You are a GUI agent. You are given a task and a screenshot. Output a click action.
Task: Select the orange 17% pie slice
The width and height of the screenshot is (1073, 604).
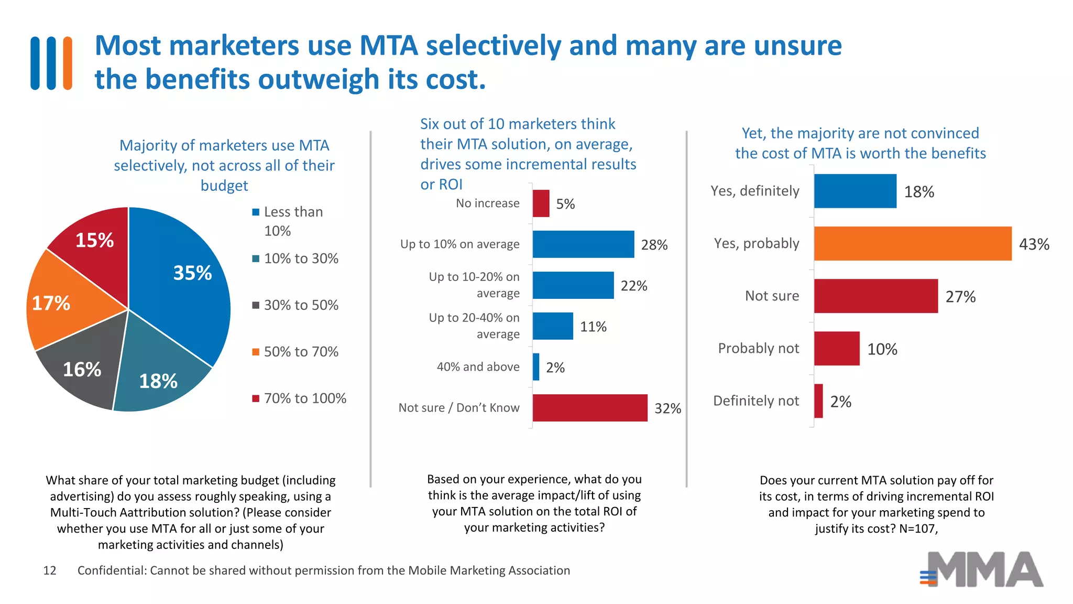63,304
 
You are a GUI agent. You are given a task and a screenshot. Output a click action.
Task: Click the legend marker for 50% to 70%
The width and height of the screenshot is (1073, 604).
256,352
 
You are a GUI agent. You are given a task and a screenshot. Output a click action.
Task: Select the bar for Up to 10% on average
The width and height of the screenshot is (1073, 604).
583,244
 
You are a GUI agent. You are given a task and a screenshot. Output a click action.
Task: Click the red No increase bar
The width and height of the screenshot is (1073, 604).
541,203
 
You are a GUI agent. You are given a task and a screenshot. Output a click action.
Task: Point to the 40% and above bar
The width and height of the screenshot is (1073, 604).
536,367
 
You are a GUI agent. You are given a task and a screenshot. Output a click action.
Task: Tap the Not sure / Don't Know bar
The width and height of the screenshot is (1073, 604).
590,408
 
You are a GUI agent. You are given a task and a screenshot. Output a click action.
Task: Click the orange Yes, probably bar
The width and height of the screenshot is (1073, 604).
912,244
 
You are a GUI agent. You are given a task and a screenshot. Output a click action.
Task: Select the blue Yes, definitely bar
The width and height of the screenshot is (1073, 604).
855,191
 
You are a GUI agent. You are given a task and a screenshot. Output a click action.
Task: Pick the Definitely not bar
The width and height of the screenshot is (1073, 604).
818,401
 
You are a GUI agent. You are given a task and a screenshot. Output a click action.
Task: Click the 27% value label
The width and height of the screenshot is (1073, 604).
960,297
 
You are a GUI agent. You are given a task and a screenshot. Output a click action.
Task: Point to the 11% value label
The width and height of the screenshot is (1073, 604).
593,327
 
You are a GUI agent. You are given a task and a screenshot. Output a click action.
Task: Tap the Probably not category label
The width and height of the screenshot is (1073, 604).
758,349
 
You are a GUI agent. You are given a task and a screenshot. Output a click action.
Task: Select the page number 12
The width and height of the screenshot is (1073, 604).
50,570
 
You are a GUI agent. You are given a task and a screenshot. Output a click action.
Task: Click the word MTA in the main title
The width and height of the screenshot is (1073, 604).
388,46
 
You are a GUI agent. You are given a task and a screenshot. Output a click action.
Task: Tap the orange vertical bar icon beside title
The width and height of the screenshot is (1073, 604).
67,63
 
